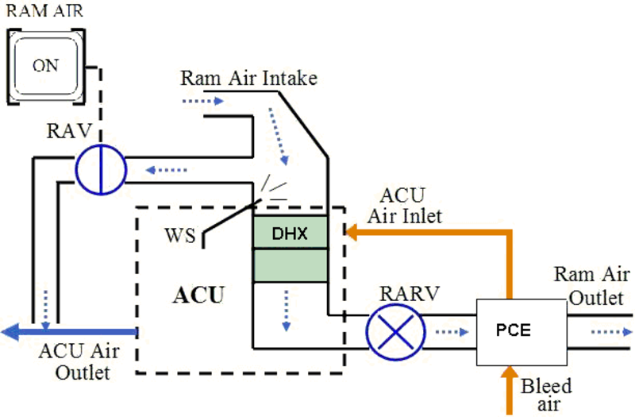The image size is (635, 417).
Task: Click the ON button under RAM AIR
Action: click(46, 67)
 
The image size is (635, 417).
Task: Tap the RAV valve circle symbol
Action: click(101, 169)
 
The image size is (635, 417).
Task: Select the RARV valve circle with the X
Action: click(395, 332)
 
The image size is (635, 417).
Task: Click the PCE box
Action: click(521, 332)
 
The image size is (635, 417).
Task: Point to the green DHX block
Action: click(291, 232)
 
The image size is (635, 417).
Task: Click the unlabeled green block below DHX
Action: click(291, 265)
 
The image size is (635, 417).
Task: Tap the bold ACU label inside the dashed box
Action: click(198, 295)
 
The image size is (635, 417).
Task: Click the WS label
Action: click(180, 235)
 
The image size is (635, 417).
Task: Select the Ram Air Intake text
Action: click(248, 78)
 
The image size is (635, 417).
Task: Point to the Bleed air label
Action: click(546, 395)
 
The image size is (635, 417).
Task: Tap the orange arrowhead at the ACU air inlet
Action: click(352, 232)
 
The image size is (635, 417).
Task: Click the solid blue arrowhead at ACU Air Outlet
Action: click(10, 332)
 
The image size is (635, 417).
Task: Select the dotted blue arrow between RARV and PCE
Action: click(452, 332)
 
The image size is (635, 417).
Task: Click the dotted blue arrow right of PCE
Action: click(611, 332)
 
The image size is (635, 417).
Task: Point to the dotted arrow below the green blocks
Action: click(287, 311)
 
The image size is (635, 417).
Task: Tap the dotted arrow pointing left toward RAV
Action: click(167, 170)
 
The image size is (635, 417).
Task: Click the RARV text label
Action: click(409, 293)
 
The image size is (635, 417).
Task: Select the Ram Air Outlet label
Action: click(595, 286)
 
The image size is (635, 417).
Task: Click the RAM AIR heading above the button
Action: click(45, 10)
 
